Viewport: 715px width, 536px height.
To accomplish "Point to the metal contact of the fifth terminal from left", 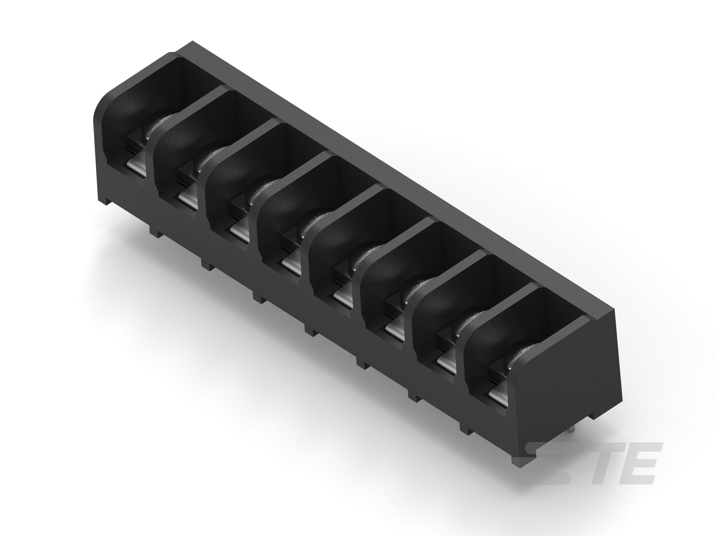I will pos(343,297).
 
